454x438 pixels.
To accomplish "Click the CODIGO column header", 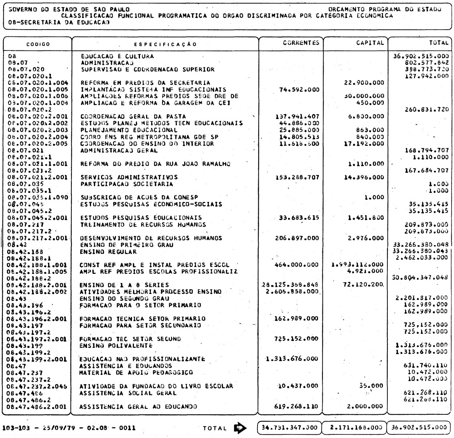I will coord(39,44).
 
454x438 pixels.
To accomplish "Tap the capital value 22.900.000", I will coord(364,82).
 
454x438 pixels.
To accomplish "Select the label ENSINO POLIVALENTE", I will coord(116,345).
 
